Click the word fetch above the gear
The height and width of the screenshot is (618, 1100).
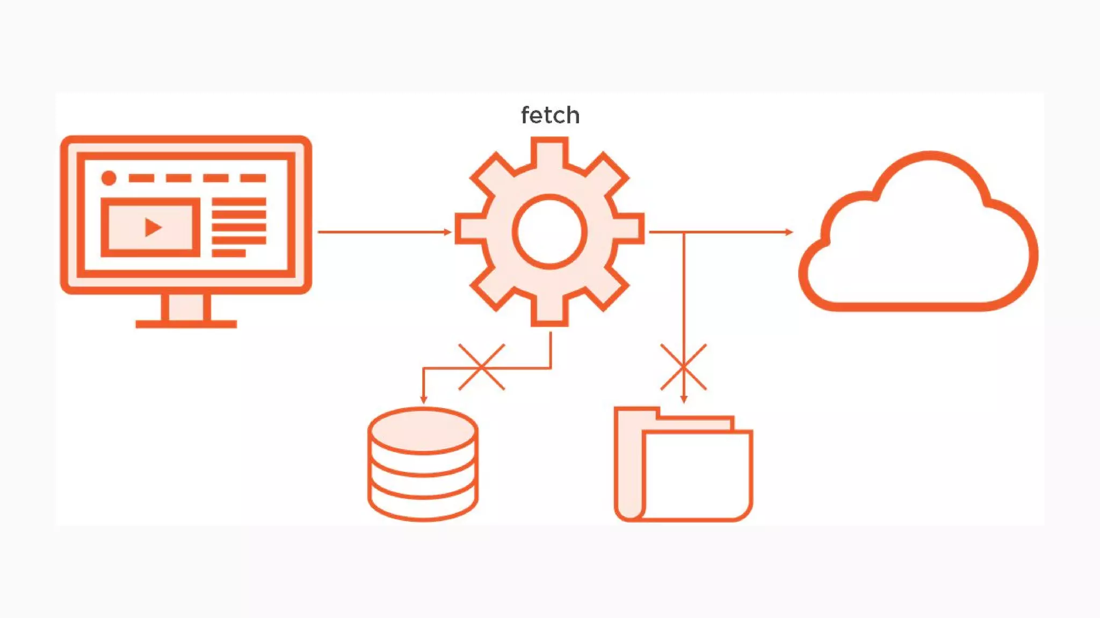[550, 115]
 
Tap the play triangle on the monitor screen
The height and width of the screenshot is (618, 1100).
[153, 227]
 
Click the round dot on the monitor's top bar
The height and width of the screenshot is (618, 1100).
[109, 178]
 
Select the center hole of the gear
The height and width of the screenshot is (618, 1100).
[549, 232]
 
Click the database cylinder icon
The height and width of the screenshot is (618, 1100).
[423, 465]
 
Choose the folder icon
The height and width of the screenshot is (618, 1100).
[683, 465]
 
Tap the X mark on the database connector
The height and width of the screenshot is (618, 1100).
[482, 367]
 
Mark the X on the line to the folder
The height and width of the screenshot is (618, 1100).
[683, 367]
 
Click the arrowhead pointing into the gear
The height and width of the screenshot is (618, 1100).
[448, 232]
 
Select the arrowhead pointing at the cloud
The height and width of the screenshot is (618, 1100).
[789, 232]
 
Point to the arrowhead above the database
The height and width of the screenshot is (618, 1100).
[423, 400]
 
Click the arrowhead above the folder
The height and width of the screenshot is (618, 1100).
[683, 399]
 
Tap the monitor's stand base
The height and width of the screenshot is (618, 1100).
[186, 323]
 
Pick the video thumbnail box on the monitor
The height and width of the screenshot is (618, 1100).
[150, 227]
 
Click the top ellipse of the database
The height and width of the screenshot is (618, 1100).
[423, 431]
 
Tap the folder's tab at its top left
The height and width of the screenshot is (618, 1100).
[637, 413]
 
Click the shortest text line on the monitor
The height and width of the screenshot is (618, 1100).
[229, 253]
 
